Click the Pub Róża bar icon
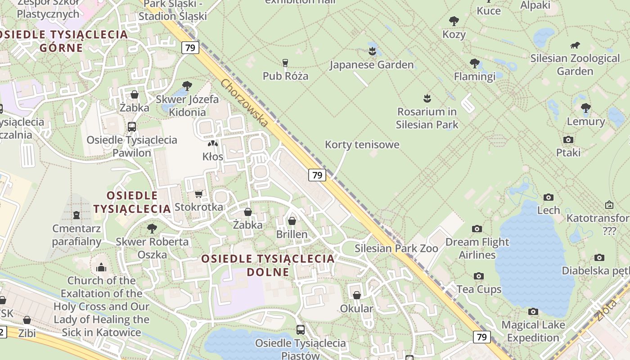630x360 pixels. [x=285, y=63]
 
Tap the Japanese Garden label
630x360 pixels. [x=371, y=65]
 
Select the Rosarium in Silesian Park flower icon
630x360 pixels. [x=427, y=98]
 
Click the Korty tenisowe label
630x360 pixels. [x=362, y=145]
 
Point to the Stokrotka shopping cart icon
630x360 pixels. [x=198, y=194]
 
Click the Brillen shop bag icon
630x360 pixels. [x=292, y=221]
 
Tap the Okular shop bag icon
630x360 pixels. [x=357, y=295]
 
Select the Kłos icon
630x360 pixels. [x=212, y=144]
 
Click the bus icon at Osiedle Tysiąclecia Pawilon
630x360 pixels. [x=132, y=126]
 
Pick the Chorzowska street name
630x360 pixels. [x=245, y=103]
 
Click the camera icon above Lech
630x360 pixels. [x=548, y=197]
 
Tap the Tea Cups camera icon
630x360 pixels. [x=479, y=276]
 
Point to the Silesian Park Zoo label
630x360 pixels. [x=396, y=248]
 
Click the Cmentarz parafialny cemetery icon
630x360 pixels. [x=76, y=215]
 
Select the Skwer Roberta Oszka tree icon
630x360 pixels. [x=152, y=228]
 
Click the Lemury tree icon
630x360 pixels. [x=585, y=108]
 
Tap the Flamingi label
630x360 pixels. [x=474, y=76]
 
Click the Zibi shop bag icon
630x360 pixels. [x=27, y=320]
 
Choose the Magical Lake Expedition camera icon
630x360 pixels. [x=533, y=311]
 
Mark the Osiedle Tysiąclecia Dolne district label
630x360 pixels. [x=268, y=265]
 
